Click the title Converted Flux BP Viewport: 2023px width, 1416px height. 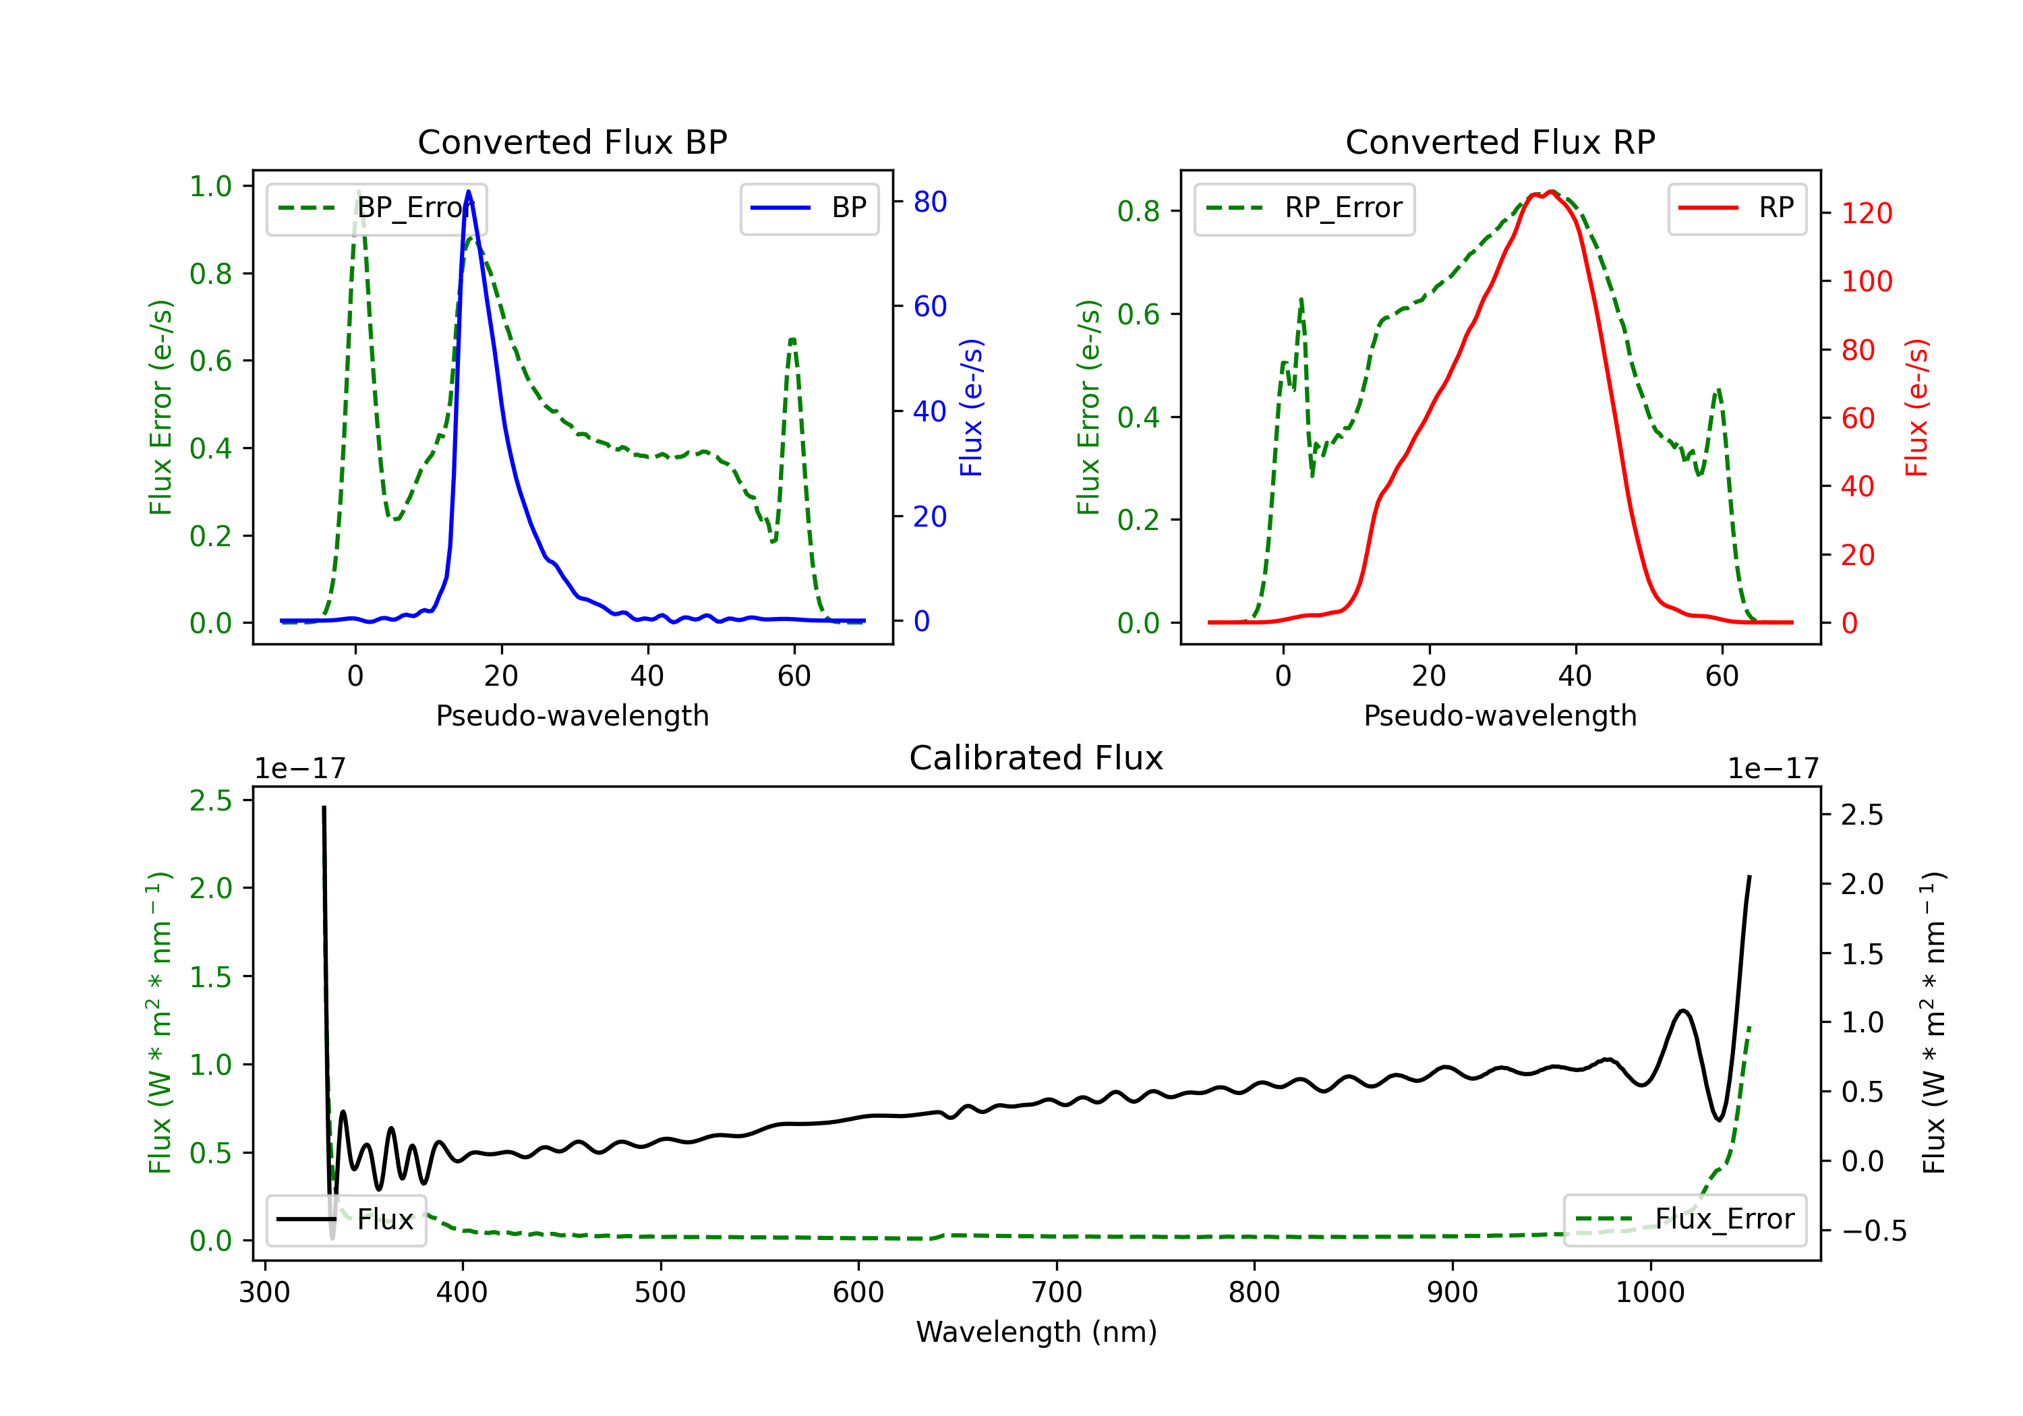[x=572, y=142]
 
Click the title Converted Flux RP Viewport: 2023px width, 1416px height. [x=1500, y=142]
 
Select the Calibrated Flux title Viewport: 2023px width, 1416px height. [x=1036, y=758]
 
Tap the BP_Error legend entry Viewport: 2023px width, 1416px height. [x=376, y=208]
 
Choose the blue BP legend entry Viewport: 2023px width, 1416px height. [x=809, y=208]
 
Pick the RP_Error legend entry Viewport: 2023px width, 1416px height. [x=1304, y=208]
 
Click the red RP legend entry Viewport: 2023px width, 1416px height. [x=1736, y=208]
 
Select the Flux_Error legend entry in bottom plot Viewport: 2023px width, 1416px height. [x=1684, y=1220]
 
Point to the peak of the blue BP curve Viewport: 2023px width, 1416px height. [x=468, y=191]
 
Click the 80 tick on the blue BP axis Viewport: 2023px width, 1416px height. [x=929, y=202]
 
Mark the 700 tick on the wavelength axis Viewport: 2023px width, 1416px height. [x=1057, y=1293]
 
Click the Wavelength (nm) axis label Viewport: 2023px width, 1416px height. [x=1036, y=1332]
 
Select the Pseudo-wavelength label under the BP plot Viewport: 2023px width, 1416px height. [x=572, y=715]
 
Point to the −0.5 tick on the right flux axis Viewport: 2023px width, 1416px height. [x=1873, y=1231]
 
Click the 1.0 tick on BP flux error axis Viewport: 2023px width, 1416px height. [x=210, y=186]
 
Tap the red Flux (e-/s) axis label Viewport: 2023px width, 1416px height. [x=1916, y=408]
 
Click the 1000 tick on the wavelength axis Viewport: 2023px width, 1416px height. [x=1649, y=1293]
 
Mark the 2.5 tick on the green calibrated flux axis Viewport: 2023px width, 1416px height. [x=210, y=800]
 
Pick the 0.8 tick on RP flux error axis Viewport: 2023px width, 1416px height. [x=1138, y=212]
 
